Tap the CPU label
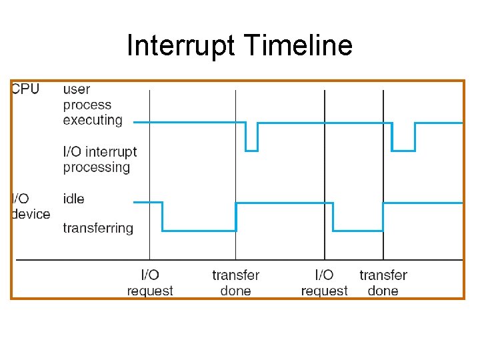[25, 89]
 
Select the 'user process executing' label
[93, 105]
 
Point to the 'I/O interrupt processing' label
[99, 159]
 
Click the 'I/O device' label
[30, 206]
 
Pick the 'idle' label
[73, 199]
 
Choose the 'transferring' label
[98, 228]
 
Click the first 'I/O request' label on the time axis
[150, 283]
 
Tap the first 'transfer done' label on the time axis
[235, 283]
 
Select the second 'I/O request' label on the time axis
[324, 283]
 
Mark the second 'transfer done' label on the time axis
[383, 283]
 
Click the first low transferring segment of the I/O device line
[199, 231]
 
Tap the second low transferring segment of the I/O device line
[358, 231]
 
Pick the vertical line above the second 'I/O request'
[325, 167]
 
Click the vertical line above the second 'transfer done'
[383, 167]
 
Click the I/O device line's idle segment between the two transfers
[285, 202]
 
